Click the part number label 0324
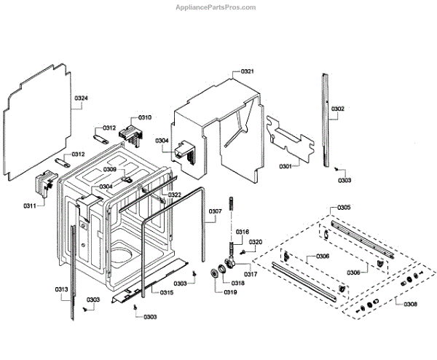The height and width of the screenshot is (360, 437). tap(81, 98)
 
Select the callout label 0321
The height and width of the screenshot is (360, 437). tap(248, 71)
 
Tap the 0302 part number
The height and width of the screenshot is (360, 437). tap(338, 109)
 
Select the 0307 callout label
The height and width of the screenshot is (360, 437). tap(215, 212)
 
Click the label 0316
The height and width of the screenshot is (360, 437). tap(242, 232)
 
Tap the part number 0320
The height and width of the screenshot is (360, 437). tap(255, 242)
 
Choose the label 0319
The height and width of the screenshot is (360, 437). tap(229, 292)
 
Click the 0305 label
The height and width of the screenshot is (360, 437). tap(343, 208)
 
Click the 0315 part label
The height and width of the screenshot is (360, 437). tap(167, 293)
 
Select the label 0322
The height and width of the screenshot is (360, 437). tap(175, 195)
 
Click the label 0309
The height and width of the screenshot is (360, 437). tap(109, 169)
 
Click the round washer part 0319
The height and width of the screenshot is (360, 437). tap(215, 273)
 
